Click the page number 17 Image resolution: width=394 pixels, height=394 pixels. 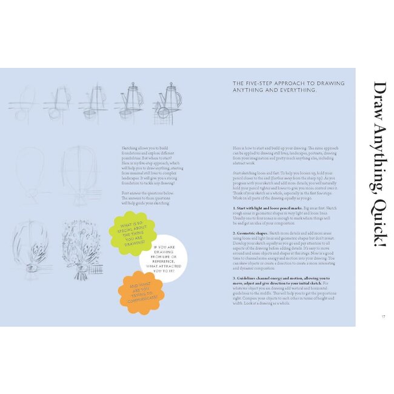click(x=384, y=316)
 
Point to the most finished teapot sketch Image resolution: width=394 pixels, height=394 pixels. click(x=168, y=101)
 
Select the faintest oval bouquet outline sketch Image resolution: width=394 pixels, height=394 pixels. click(x=30, y=175)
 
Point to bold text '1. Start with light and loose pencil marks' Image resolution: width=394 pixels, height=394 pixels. click(x=269, y=208)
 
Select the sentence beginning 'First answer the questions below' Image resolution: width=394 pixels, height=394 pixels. click(x=147, y=198)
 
